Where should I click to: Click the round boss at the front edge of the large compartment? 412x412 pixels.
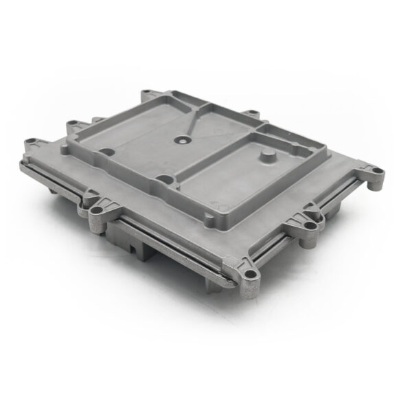163,181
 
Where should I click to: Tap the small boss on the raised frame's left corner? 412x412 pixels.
71,125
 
